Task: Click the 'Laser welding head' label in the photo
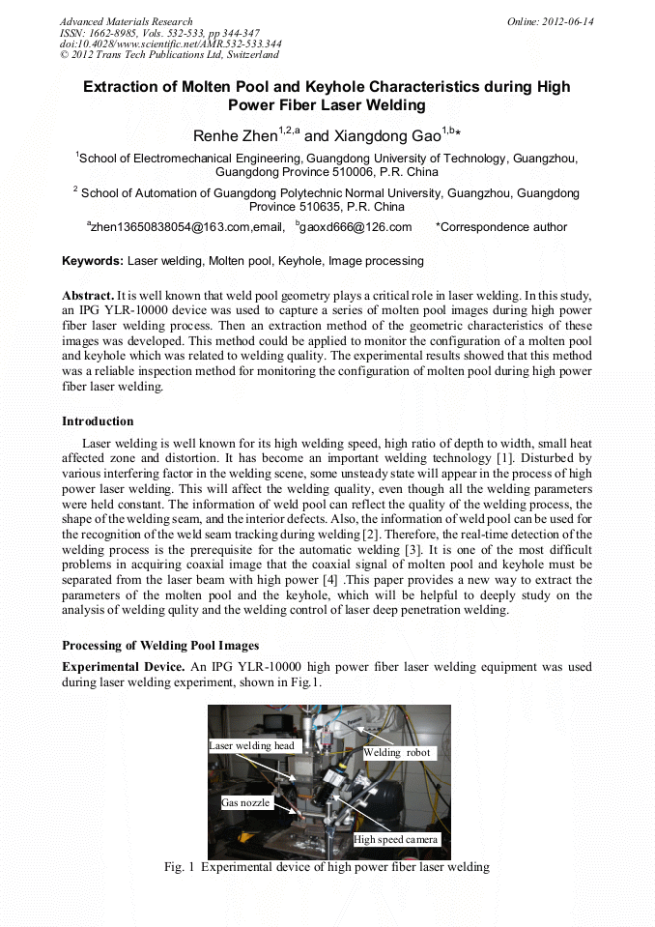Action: (252, 745)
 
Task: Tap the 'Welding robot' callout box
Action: (397, 752)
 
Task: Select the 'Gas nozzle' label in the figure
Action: (245, 802)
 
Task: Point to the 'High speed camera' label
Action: (396, 839)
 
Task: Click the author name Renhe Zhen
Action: (235, 136)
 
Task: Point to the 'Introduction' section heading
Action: (98, 421)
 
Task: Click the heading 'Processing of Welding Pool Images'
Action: (160, 645)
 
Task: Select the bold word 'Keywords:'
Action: (93, 261)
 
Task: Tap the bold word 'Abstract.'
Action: (88, 294)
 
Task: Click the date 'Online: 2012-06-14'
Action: (550, 21)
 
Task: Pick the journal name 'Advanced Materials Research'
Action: (126, 21)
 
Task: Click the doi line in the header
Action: (171, 43)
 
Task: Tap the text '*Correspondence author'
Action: (501, 227)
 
